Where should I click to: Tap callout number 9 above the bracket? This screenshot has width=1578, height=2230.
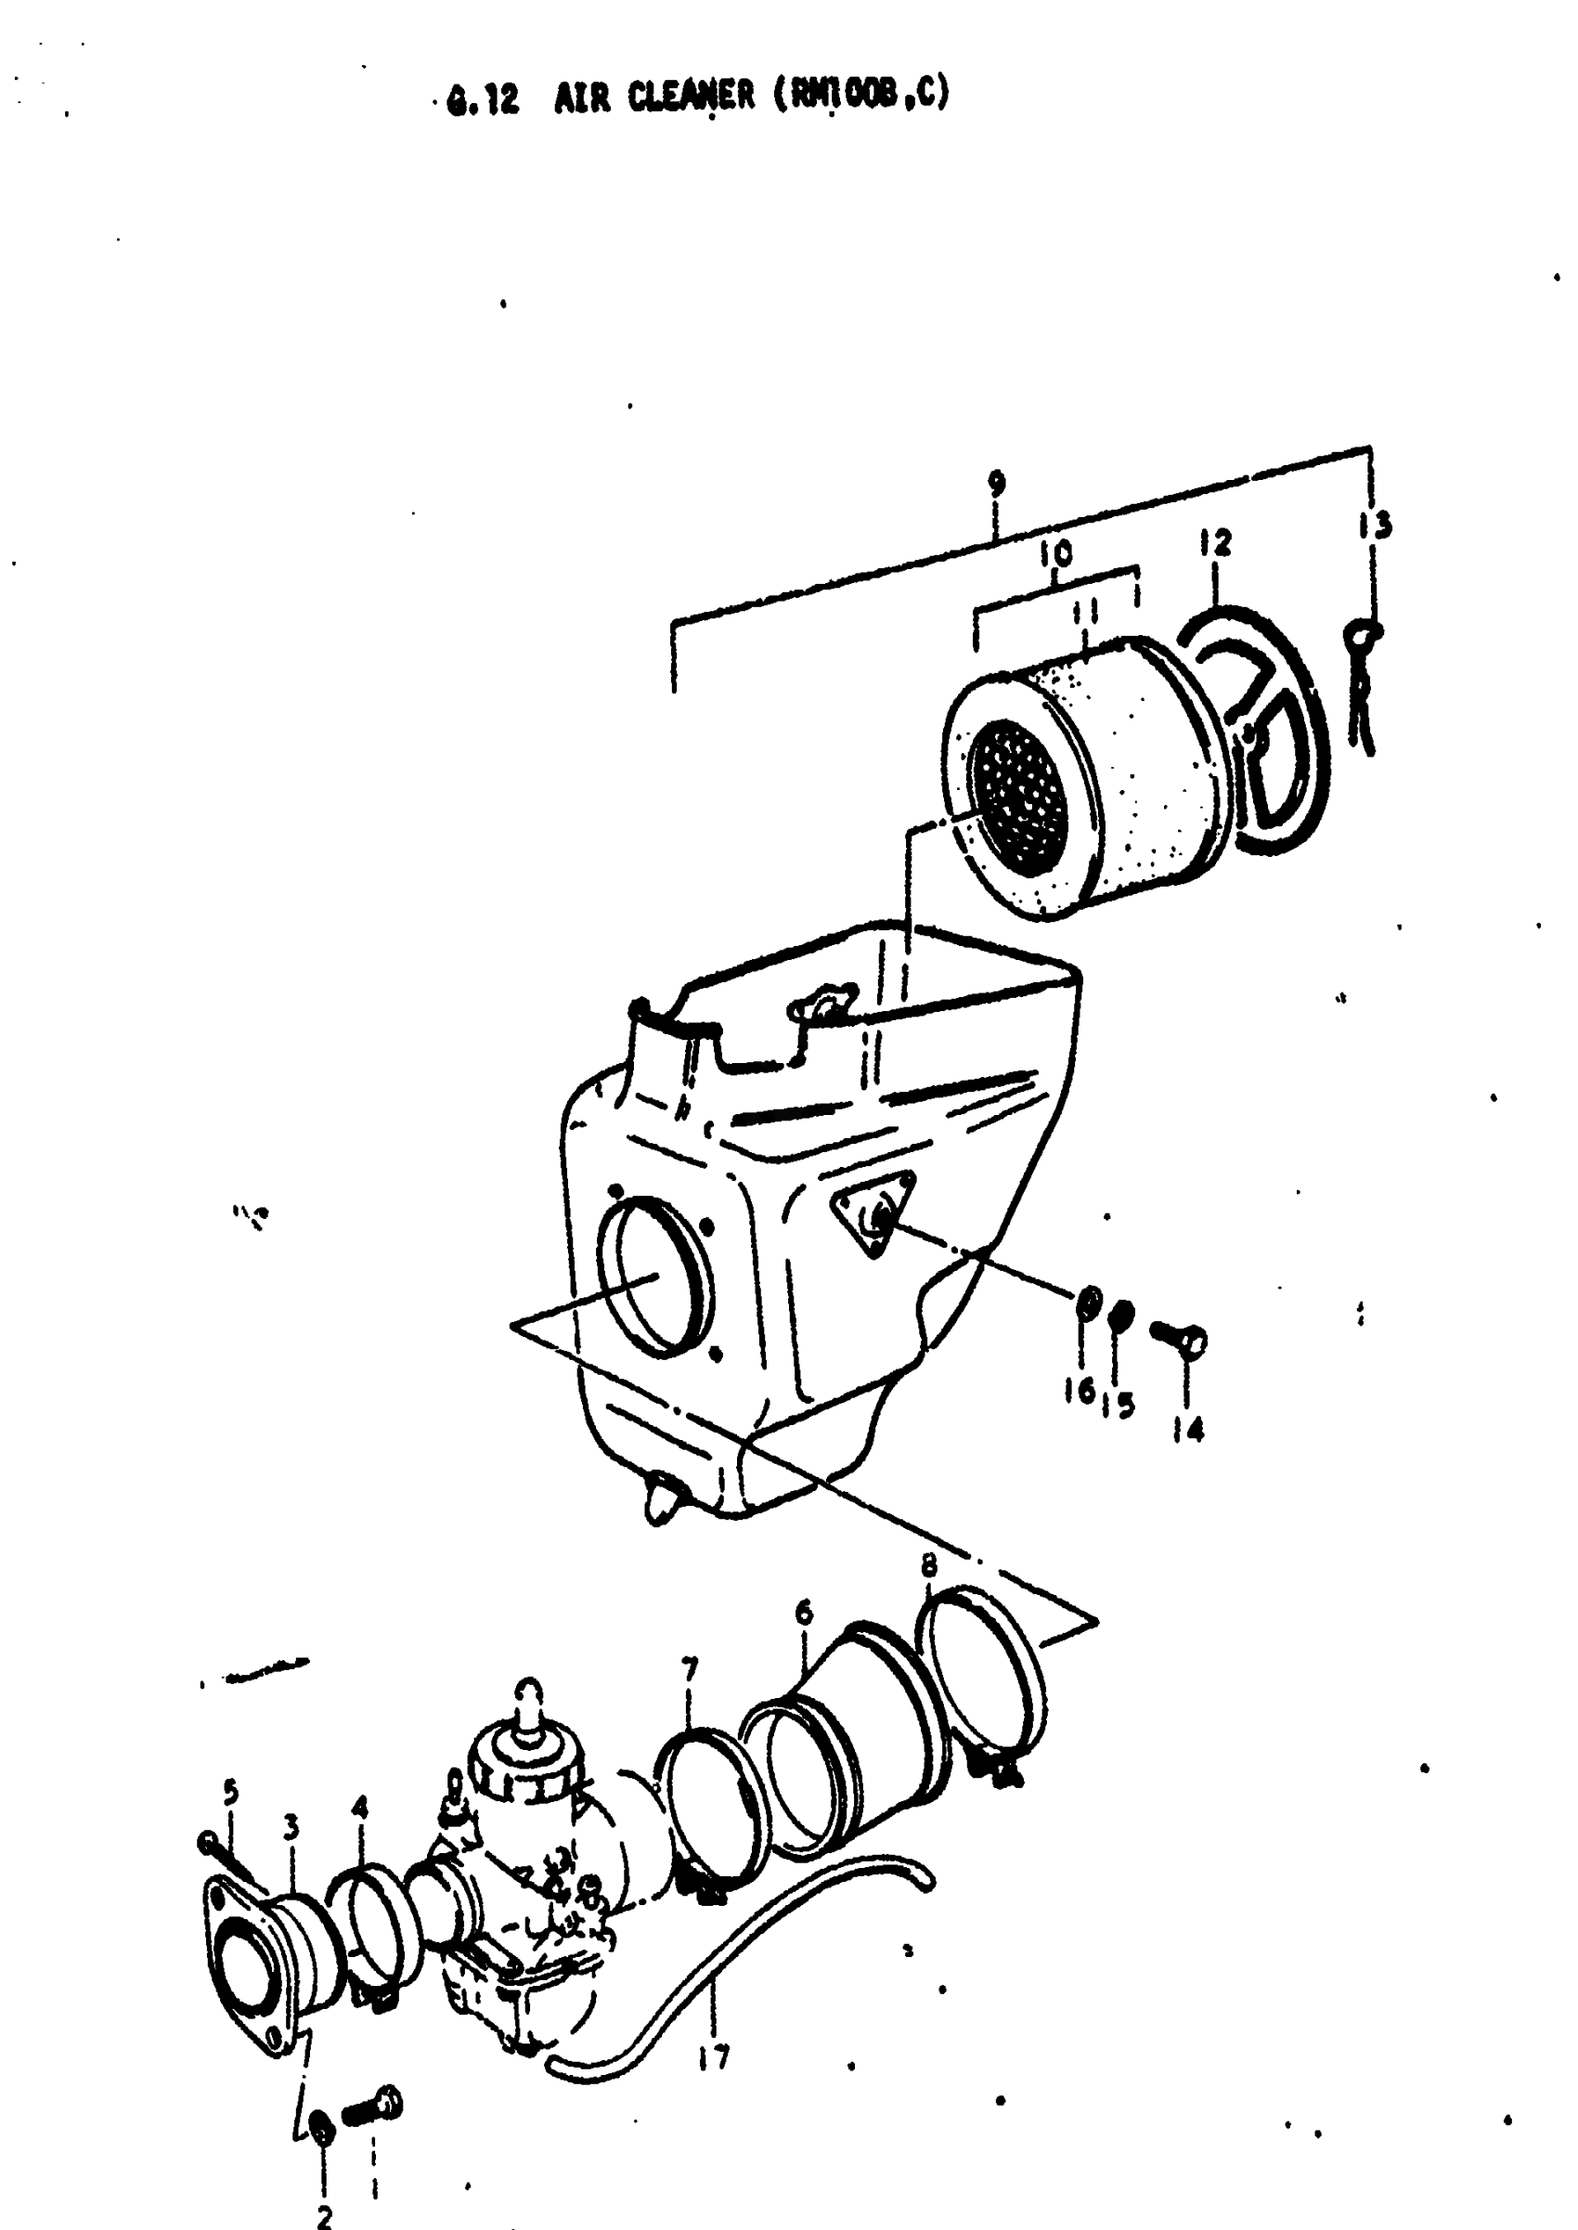[x=997, y=484]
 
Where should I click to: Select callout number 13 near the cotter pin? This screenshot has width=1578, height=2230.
[x=1376, y=526]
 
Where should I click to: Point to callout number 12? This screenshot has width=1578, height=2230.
[x=1216, y=543]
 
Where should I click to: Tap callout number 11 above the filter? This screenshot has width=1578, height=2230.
[x=1086, y=614]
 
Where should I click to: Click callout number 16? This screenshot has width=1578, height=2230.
[x=1079, y=1393]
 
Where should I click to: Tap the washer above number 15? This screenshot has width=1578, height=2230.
[x=1120, y=1316]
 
